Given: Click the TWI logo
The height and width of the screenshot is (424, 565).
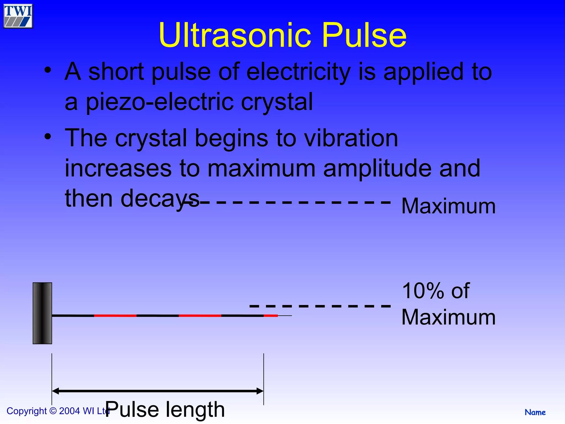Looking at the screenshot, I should (x=18, y=16).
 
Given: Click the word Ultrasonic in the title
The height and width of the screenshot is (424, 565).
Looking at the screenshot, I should (x=235, y=35).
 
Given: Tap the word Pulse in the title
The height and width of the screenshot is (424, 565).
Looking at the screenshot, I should (x=364, y=35).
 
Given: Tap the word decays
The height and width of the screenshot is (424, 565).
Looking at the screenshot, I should (x=160, y=198).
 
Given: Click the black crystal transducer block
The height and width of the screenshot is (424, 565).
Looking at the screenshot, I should (x=42, y=313).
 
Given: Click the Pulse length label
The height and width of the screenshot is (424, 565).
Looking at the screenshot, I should (x=165, y=409).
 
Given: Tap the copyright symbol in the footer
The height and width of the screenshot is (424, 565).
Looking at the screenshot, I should (x=53, y=411).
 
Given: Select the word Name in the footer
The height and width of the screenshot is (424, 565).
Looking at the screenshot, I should (x=535, y=412).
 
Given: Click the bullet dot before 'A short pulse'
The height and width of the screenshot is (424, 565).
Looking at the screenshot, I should (x=48, y=70).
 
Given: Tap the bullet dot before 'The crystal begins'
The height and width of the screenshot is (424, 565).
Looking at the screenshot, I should (x=48, y=136).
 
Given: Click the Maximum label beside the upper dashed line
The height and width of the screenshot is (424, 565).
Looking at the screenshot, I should (x=448, y=206).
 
